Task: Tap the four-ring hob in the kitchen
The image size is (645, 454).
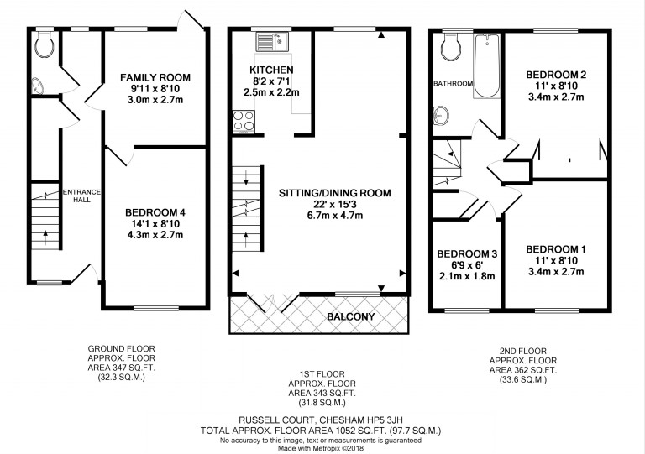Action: tap(244, 121)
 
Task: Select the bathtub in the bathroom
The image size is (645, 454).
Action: tap(486, 65)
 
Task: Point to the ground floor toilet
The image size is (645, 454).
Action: tap(44, 44)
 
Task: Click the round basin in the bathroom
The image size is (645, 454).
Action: tap(441, 116)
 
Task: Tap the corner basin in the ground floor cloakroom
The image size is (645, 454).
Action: tap(38, 86)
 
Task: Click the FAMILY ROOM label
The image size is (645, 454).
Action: tap(155, 77)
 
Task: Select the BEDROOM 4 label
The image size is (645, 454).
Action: tap(155, 212)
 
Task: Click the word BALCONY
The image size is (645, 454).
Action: tap(351, 316)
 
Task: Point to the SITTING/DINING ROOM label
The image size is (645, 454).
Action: tap(335, 193)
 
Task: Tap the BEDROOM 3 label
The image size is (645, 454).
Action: tap(467, 254)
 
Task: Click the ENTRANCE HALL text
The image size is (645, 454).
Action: tap(81, 196)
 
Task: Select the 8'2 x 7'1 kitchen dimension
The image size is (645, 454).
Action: tap(271, 81)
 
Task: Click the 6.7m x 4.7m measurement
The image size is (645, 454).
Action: tap(335, 216)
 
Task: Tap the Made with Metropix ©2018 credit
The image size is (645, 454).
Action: tap(321, 448)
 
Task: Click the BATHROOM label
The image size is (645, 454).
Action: tap(454, 83)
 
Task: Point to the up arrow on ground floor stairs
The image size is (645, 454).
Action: tap(45, 237)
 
